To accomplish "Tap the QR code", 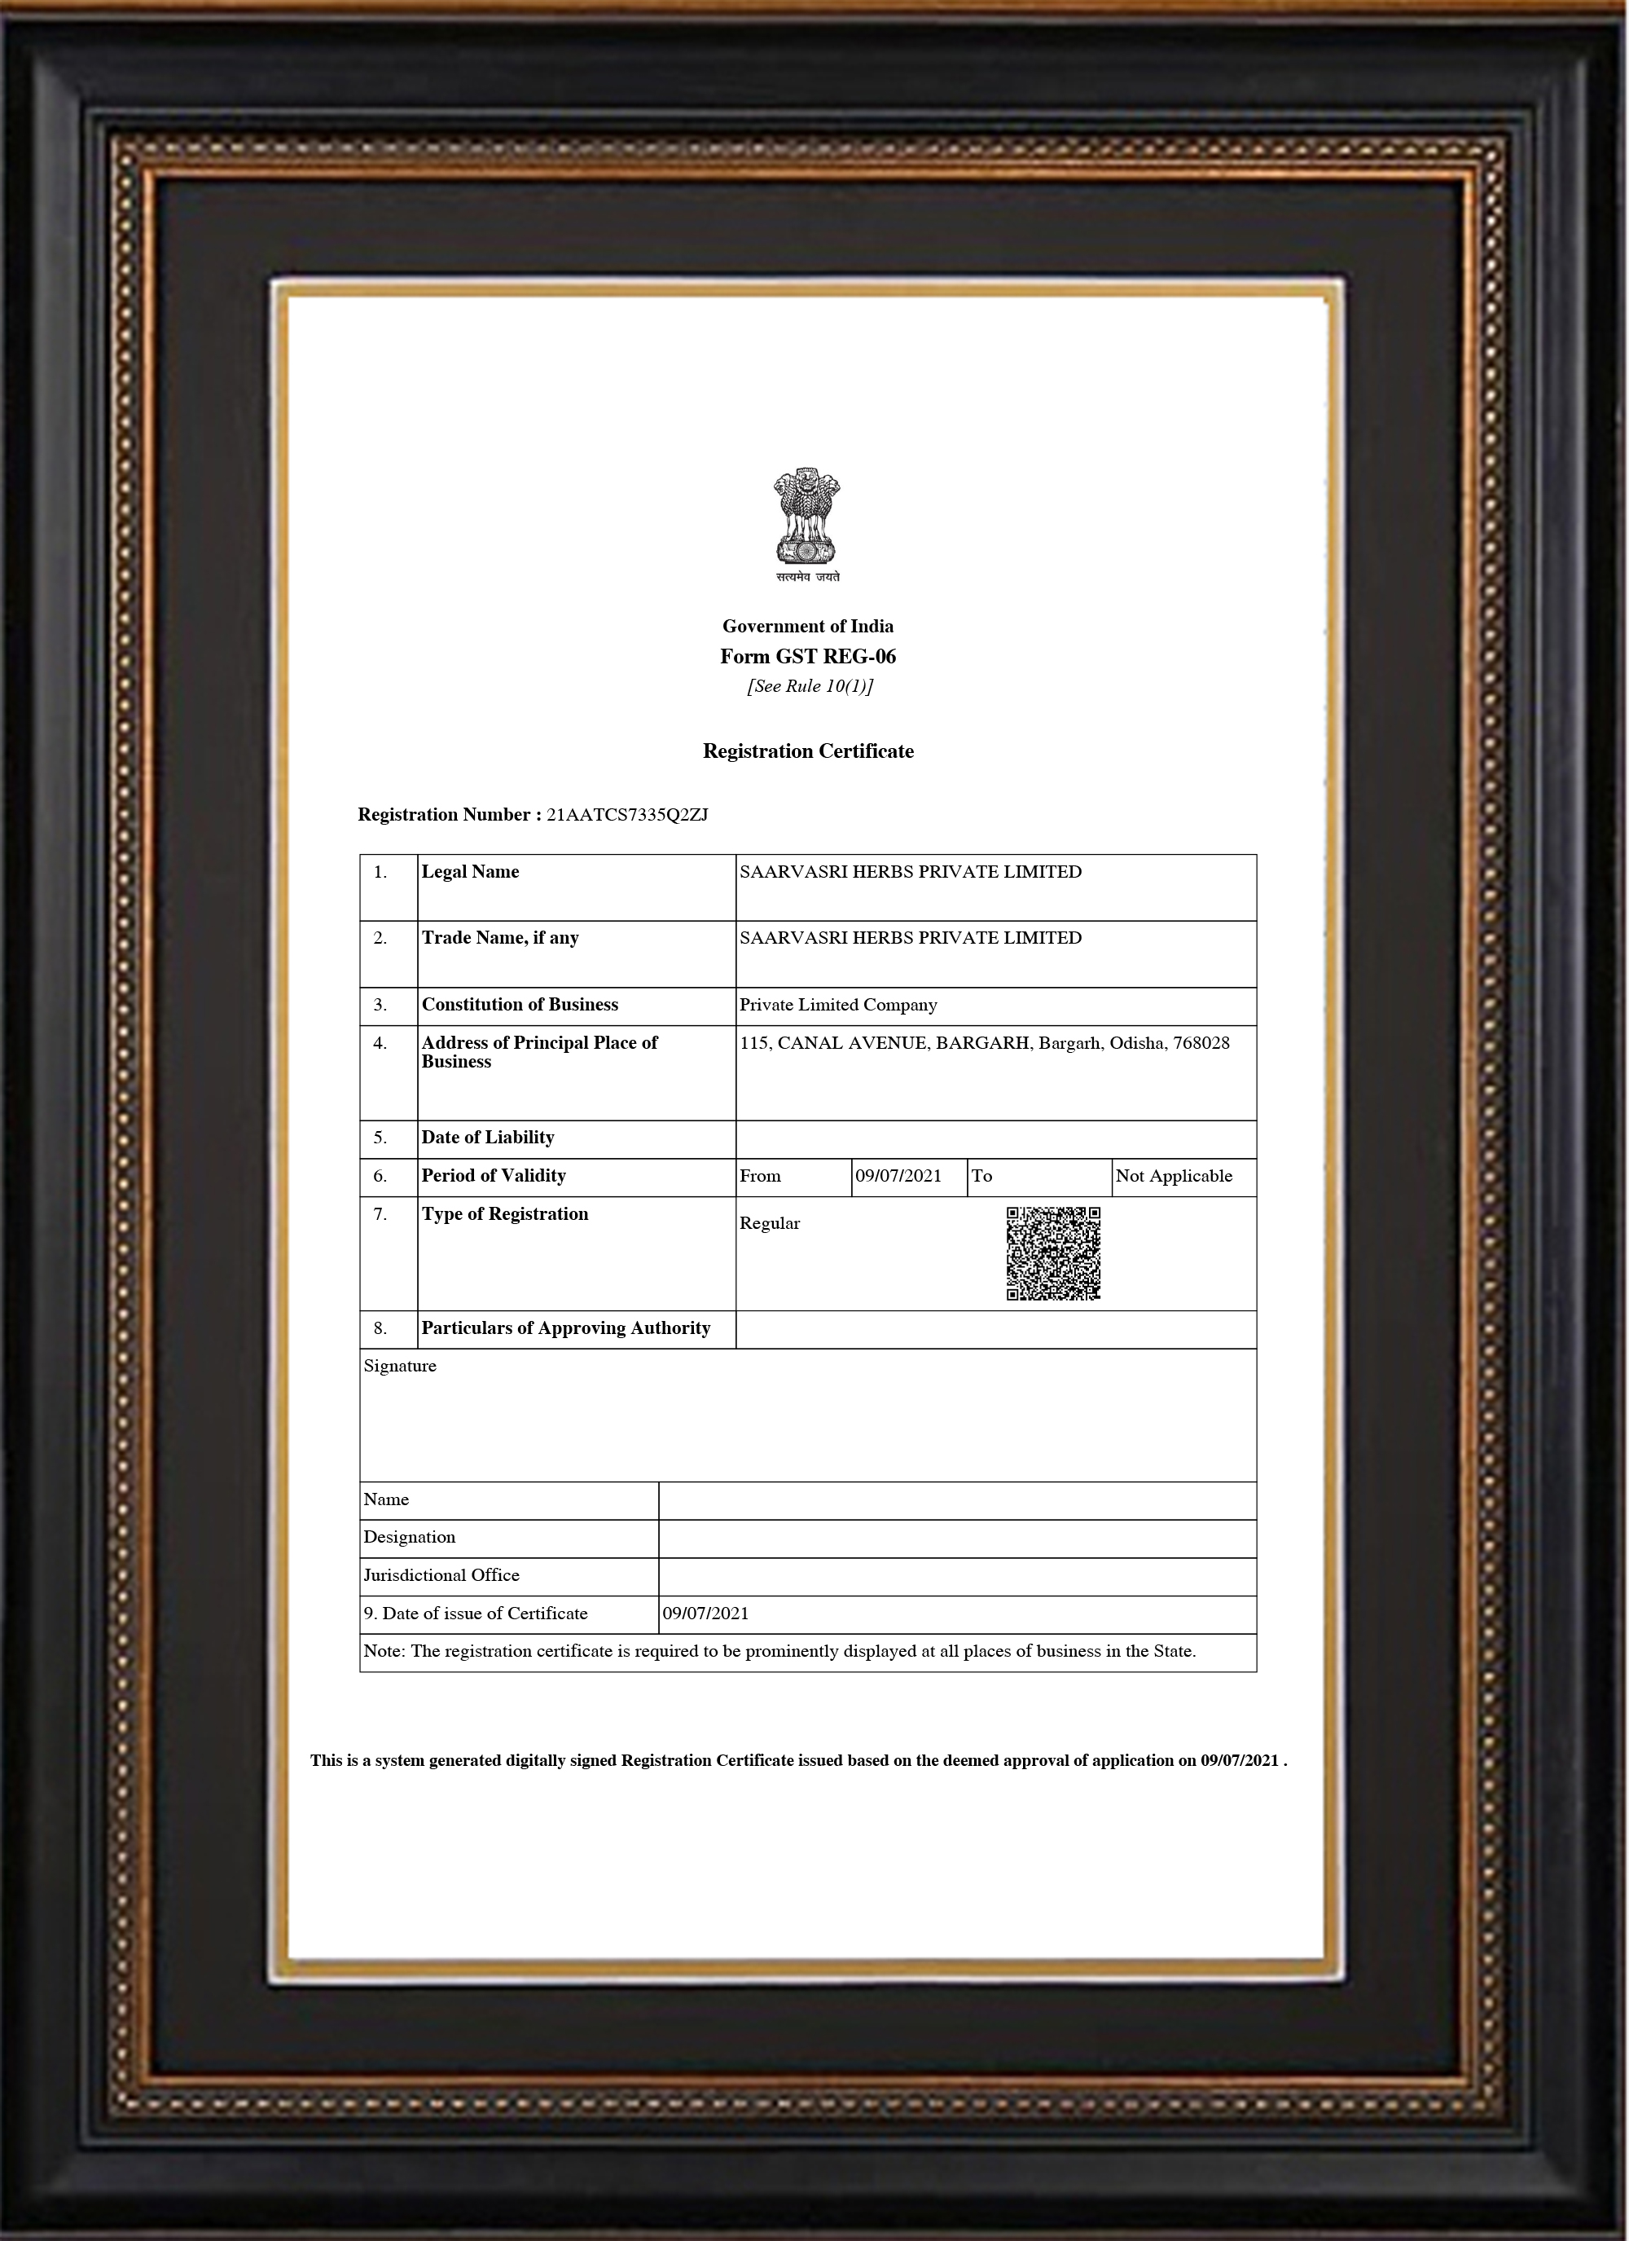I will pos(1053,1253).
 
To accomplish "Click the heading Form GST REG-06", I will pos(807,656).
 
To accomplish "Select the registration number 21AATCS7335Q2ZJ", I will pos(627,815).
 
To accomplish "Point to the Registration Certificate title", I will pos(807,751).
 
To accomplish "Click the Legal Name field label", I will pos(470,871).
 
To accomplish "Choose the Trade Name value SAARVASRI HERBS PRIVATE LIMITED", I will pos(910,938).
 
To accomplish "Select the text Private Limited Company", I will pos(838,1005).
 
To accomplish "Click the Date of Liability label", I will pos(488,1138).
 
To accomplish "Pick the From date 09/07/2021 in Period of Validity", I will pos(898,1176).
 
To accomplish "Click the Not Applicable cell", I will pos(1174,1176).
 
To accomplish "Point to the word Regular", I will pos(770,1223).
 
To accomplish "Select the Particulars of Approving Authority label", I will pos(566,1328).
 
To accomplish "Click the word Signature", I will pos(400,1366).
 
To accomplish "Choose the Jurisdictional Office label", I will pos(441,1575).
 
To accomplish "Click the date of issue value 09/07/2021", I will pos(705,1614).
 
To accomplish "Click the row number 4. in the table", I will pos(380,1043).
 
